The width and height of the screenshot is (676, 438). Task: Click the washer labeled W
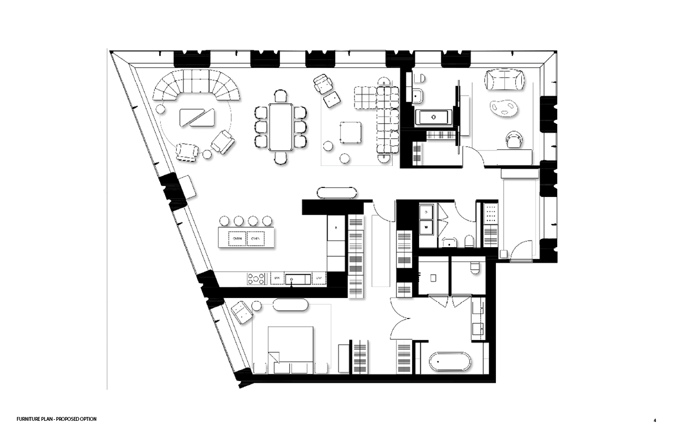click(426, 227)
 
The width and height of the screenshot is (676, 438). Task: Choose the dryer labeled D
click(426, 211)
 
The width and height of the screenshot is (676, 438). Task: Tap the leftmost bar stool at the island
click(226, 220)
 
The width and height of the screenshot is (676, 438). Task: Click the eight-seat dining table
click(282, 127)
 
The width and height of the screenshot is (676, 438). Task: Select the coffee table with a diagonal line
click(197, 118)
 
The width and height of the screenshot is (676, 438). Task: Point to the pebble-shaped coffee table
click(503, 107)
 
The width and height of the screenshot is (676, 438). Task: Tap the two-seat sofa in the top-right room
click(504, 80)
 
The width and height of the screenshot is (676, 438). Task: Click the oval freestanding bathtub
click(451, 363)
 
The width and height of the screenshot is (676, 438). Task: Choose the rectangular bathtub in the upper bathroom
click(434, 117)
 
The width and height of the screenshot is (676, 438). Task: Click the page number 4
click(655, 420)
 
